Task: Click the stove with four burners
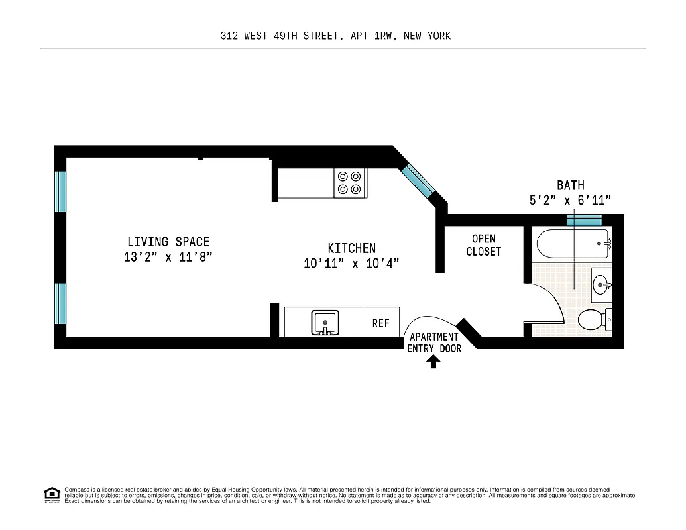tap(349, 183)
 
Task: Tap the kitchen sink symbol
tap(325, 323)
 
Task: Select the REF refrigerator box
tap(380, 323)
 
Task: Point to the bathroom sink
tap(602, 285)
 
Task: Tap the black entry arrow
tap(433, 361)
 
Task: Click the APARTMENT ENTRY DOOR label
tap(434, 343)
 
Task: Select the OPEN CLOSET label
tap(483, 245)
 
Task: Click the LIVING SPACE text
tap(168, 242)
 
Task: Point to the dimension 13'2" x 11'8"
tap(168, 257)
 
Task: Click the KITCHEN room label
tap(351, 248)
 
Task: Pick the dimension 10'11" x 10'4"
tap(351, 264)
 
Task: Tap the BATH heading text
tap(570, 185)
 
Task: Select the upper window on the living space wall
tap(60, 191)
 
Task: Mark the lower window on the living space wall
tap(60, 303)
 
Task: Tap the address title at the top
tap(335, 36)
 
